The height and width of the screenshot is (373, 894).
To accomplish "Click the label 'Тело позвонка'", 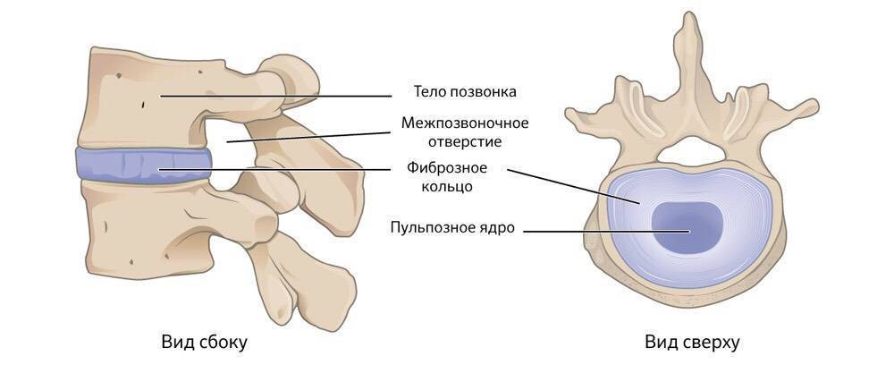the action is point(465,92).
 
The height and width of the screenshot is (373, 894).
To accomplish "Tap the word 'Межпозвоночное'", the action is point(465,123).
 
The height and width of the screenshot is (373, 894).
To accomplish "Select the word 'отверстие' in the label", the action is point(465,140).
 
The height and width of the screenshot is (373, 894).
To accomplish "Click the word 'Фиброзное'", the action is point(448,169).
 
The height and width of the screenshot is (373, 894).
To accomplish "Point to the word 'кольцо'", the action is point(448,186).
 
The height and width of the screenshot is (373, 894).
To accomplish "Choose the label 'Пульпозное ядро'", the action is point(452,228).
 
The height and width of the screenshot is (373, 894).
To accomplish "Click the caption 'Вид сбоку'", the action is point(204,343).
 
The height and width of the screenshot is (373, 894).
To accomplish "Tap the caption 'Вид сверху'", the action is point(692,343).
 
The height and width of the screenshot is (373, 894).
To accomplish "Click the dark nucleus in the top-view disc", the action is point(687,228).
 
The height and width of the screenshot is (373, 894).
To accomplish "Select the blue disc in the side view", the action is point(143,165).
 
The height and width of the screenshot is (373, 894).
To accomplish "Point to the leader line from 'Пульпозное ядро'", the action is point(607,231).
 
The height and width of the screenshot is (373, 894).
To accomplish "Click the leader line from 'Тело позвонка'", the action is point(275,96).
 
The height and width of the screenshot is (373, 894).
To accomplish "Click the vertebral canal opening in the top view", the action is point(692,153).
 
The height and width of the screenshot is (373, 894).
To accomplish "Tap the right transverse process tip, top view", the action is point(814,105).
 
